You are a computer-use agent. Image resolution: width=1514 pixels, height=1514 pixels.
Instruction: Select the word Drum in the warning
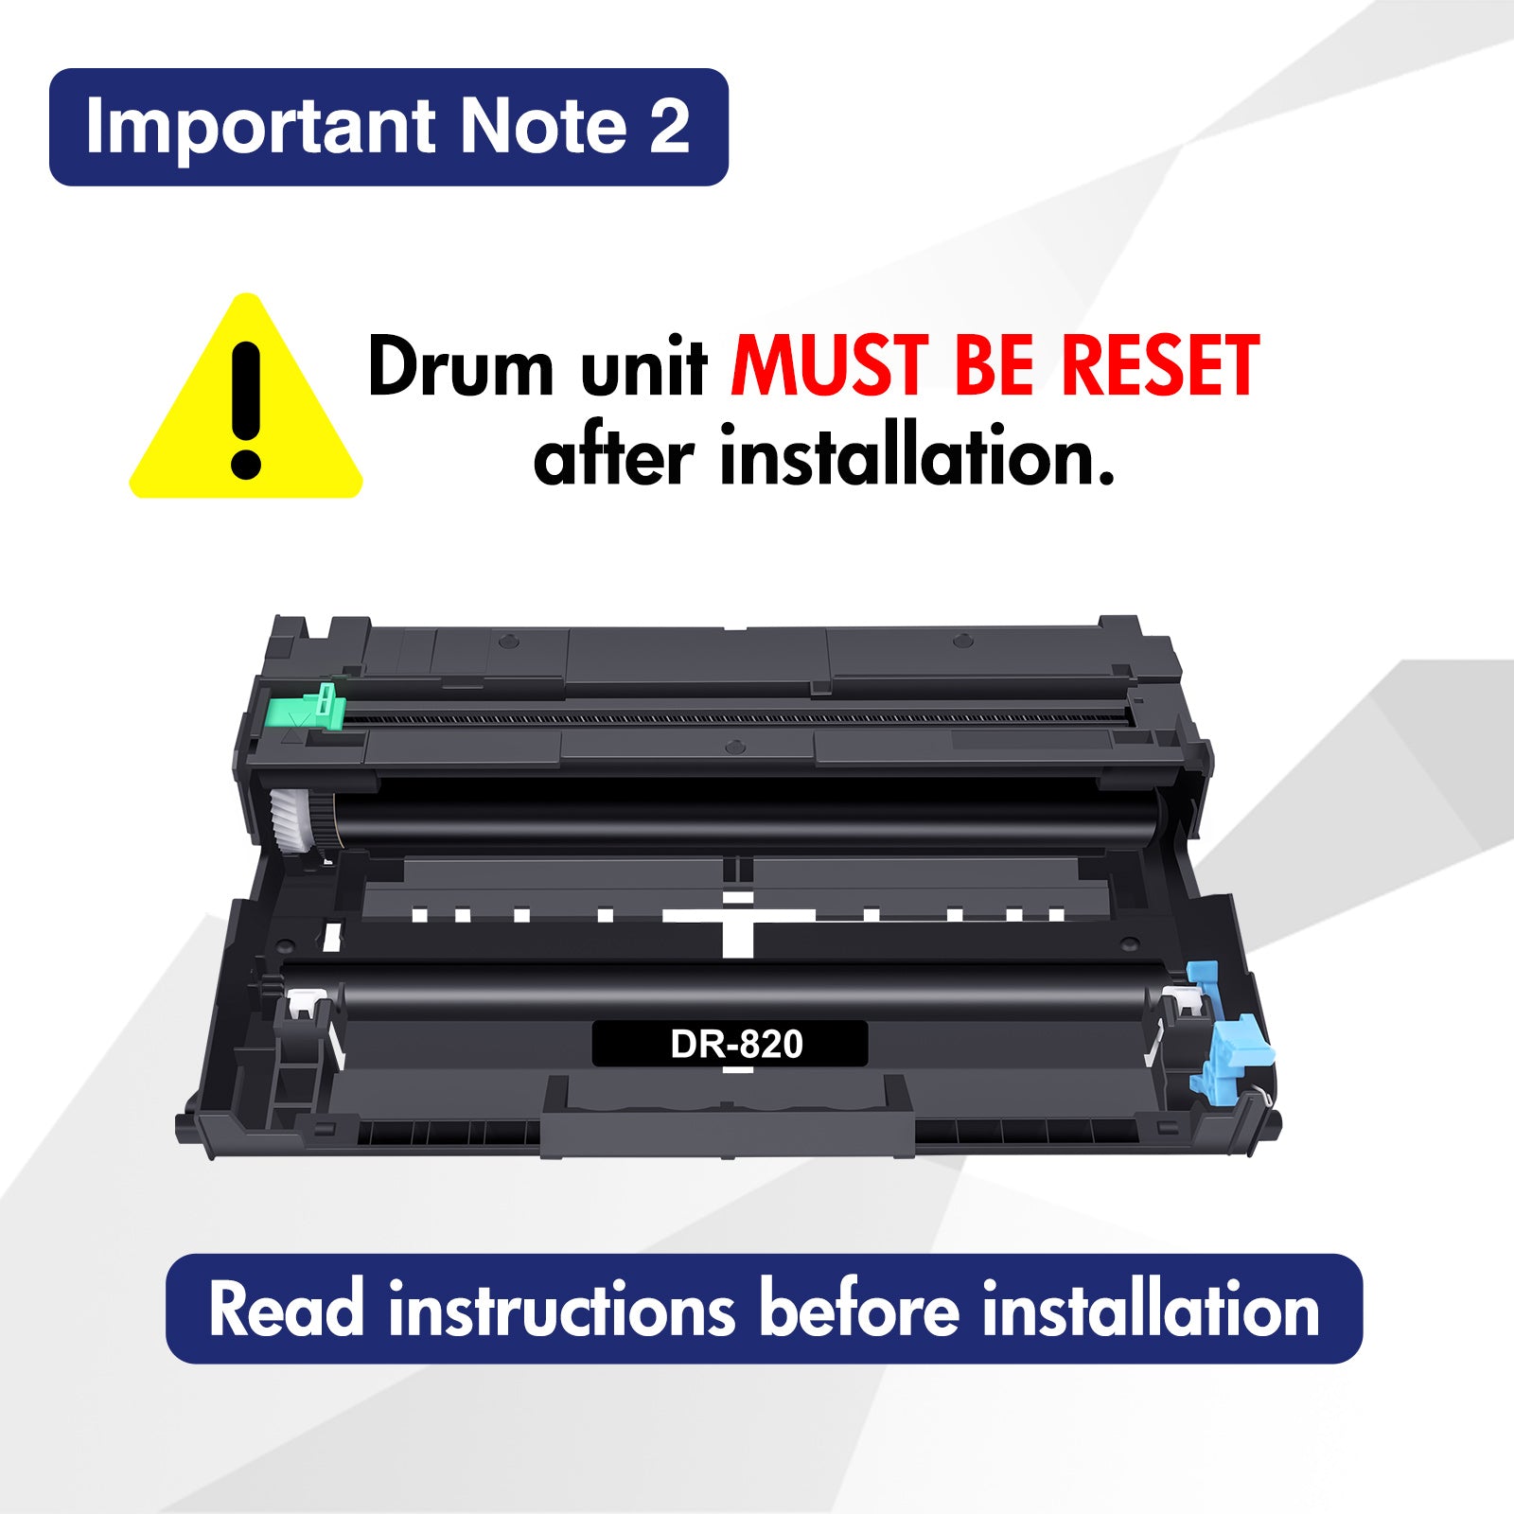pyautogui.click(x=461, y=366)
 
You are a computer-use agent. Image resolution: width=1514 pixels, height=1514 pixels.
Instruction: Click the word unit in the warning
pyautogui.click(x=643, y=368)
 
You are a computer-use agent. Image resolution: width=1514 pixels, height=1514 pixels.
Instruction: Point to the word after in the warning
pyautogui.click(x=614, y=456)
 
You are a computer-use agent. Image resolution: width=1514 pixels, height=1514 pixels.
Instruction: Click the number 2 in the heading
pyautogui.click(x=669, y=126)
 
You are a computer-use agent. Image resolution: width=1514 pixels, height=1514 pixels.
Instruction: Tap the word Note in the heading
pyautogui.click(x=543, y=127)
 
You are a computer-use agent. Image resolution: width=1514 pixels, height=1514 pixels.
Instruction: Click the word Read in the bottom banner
pyautogui.click(x=286, y=1309)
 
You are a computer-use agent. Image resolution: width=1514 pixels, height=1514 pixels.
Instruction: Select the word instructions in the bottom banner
pyautogui.click(x=561, y=1309)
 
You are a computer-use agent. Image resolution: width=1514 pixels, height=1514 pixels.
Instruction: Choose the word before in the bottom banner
pyautogui.click(x=859, y=1309)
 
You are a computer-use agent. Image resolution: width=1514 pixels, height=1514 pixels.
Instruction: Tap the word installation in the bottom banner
pyautogui.click(x=1151, y=1309)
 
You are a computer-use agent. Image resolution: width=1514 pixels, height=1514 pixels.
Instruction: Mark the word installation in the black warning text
pyautogui.click(x=917, y=456)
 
